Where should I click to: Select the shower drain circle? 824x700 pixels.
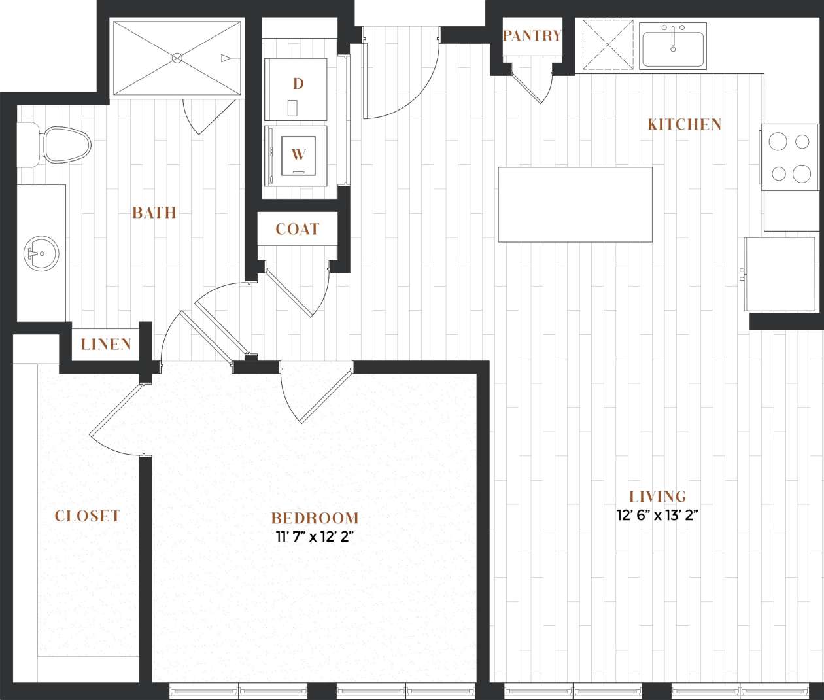[x=177, y=58]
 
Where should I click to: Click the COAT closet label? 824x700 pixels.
[x=298, y=229]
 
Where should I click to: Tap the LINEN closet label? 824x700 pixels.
[x=106, y=344]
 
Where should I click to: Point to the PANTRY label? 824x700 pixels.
[x=532, y=35]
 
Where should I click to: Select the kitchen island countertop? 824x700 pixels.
[x=575, y=205]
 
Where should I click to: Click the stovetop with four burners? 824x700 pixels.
[x=789, y=157]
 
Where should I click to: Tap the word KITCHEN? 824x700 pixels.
[x=685, y=124]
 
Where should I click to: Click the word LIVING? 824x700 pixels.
[x=657, y=497]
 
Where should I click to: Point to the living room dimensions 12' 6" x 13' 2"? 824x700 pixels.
[x=658, y=516]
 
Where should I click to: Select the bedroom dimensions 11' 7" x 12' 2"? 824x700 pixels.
[x=315, y=538]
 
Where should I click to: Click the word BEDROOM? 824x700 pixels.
[x=315, y=518]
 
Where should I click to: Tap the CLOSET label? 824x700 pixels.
[x=87, y=516]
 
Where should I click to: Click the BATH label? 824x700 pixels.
[x=154, y=212]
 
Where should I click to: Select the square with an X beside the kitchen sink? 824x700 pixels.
[x=608, y=45]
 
